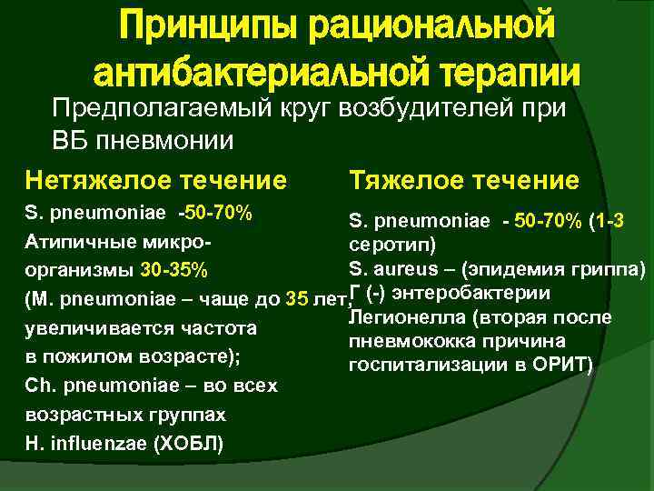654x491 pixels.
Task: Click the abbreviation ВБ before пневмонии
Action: (67, 141)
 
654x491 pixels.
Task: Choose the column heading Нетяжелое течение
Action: (156, 180)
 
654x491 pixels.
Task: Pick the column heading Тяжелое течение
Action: (463, 180)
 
